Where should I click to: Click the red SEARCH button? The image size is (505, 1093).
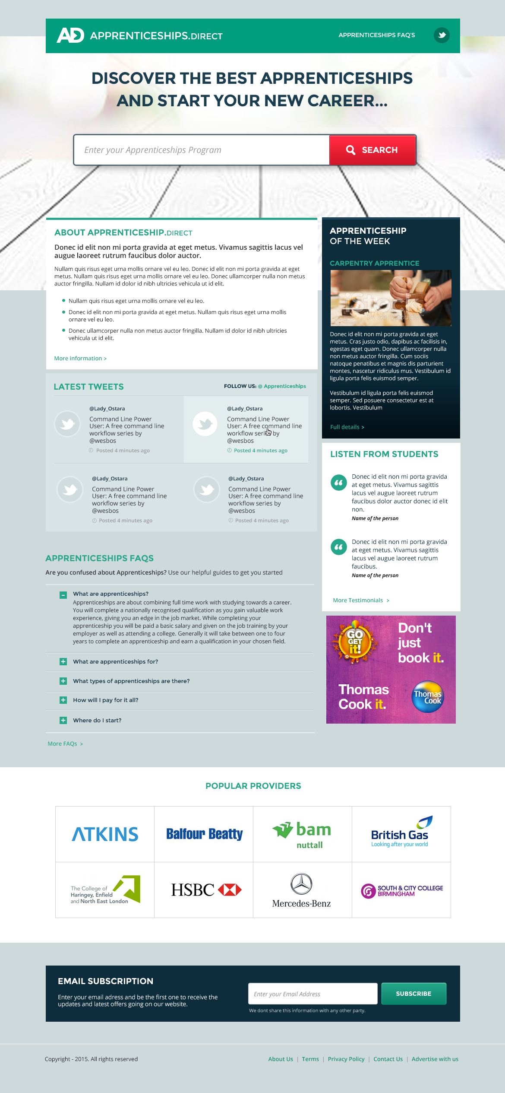(372, 150)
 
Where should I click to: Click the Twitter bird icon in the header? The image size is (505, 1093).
(442, 35)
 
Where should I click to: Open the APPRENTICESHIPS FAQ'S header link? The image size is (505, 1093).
(376, 35)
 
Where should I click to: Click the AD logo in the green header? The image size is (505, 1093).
(70, 35)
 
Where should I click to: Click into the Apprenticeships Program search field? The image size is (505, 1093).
(201, 150)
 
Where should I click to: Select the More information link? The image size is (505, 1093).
(80, 359)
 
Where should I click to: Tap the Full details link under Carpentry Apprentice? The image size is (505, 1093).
(347, 427)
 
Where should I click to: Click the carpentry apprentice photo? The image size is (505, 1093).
(391, 298)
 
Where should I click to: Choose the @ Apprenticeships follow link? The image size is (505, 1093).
(282, 386)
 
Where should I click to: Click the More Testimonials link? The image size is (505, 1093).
(361, 601)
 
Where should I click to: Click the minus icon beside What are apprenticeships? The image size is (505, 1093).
(63, 595)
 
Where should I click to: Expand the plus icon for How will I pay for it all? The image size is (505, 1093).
(63, 700)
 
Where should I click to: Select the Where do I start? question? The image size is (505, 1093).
(97, 721)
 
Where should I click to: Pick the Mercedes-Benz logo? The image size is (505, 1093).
(302, 890)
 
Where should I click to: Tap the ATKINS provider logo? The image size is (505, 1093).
(105, 834)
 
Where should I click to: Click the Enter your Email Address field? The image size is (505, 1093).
(312, 994)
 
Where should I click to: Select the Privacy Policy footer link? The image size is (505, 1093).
(346, 1059)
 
